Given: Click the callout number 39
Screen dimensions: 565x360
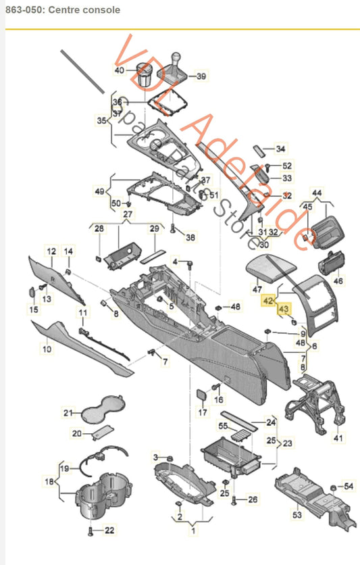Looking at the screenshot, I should [201, 76].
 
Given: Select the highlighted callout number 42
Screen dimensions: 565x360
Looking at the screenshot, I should [268, 300].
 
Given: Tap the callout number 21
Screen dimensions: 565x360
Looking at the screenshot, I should [68, 413].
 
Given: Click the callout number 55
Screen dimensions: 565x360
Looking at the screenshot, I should [223, 426].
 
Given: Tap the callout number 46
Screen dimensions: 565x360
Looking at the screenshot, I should [338, 280].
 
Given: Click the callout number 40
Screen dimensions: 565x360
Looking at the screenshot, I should [120, 70].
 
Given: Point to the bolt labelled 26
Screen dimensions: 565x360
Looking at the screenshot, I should [234, 501].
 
